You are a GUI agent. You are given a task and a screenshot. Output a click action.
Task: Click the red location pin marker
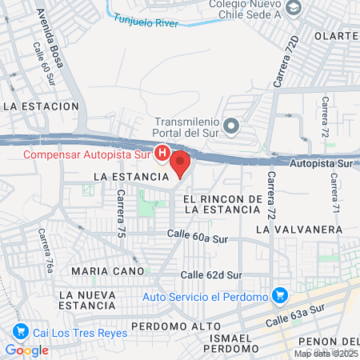[180, 162]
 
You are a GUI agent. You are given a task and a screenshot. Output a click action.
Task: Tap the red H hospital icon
[162, 152]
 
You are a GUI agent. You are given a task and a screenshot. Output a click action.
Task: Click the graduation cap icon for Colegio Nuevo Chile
[294, 7]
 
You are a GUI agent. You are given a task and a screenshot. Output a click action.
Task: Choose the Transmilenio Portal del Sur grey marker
[232, 125]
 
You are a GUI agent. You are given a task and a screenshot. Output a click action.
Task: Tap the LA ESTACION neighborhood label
[41, 106]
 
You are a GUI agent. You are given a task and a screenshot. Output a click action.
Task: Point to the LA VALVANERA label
[298, 229]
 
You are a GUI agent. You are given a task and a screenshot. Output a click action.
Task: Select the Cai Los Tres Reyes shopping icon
[20, 331]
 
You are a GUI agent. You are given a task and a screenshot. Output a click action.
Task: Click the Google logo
[26, 350]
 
